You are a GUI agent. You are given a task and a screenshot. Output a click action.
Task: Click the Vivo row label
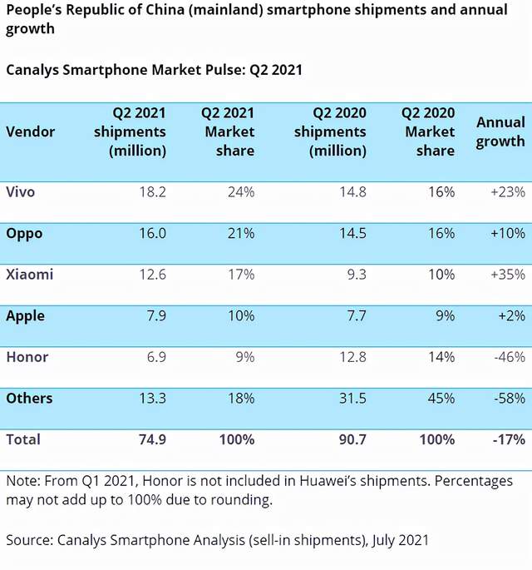tap(21, 192)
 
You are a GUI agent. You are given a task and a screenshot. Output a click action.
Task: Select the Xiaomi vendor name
tap(29, 275)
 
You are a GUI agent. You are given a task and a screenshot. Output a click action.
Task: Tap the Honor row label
tap(27, 357)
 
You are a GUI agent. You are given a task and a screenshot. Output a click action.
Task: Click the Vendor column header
tap(31, 131)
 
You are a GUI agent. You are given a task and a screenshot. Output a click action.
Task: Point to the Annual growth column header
tap(500, 131)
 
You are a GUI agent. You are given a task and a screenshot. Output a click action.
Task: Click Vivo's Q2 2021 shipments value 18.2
tap(150, 192)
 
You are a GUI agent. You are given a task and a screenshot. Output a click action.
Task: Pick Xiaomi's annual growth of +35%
tap(507, 275)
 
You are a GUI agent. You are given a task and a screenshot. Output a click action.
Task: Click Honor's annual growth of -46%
tap(508, 357)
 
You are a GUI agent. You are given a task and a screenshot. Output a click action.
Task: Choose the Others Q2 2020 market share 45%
tap(440, 399)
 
